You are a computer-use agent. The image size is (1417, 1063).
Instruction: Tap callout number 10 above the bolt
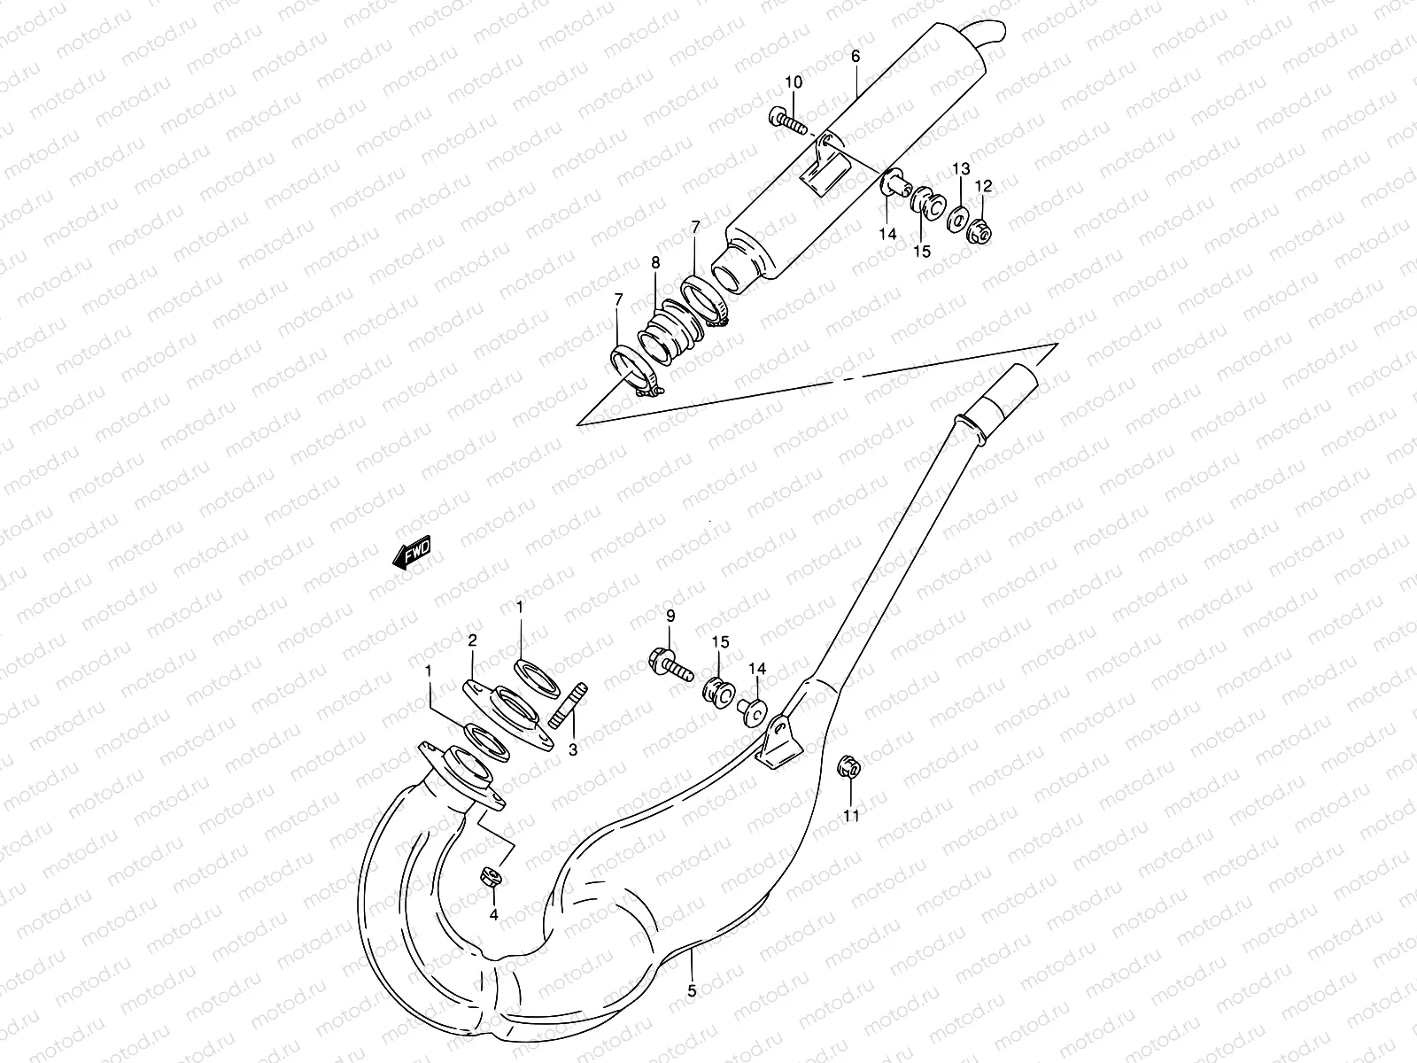click(793, 82)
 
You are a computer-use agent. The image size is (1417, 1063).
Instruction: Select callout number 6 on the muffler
click(856, 56)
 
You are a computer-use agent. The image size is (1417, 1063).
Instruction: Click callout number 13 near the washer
click(961, 168)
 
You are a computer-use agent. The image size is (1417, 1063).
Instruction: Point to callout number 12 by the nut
click(984, 186)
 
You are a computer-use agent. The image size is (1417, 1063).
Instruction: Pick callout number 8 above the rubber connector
click(655, 262)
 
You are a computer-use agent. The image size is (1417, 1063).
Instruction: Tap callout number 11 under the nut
click(851, 816)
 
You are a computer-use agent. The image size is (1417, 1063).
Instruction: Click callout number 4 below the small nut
click(494, 913)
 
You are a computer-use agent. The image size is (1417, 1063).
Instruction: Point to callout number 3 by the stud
click(572, 749)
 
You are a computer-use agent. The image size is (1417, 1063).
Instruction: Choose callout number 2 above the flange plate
click(473, 640)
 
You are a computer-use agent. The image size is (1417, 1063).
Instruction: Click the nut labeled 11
click(847, 767)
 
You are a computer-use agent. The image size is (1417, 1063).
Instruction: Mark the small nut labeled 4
click(492, 877)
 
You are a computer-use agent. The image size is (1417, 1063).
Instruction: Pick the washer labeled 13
click(957, 217)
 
